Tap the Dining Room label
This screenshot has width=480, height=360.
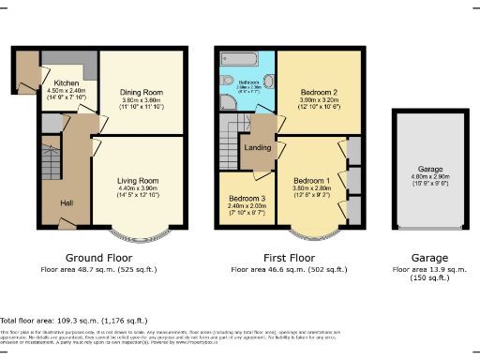point(141,92)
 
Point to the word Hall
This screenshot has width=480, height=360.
point(67,203)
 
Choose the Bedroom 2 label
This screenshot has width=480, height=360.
point(319,92)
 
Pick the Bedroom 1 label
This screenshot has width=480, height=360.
point(312,180)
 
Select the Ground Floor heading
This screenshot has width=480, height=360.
point(97,258)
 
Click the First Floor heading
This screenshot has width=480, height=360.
point(288,258)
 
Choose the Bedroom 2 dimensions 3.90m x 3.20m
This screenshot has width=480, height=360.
point(319,100)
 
